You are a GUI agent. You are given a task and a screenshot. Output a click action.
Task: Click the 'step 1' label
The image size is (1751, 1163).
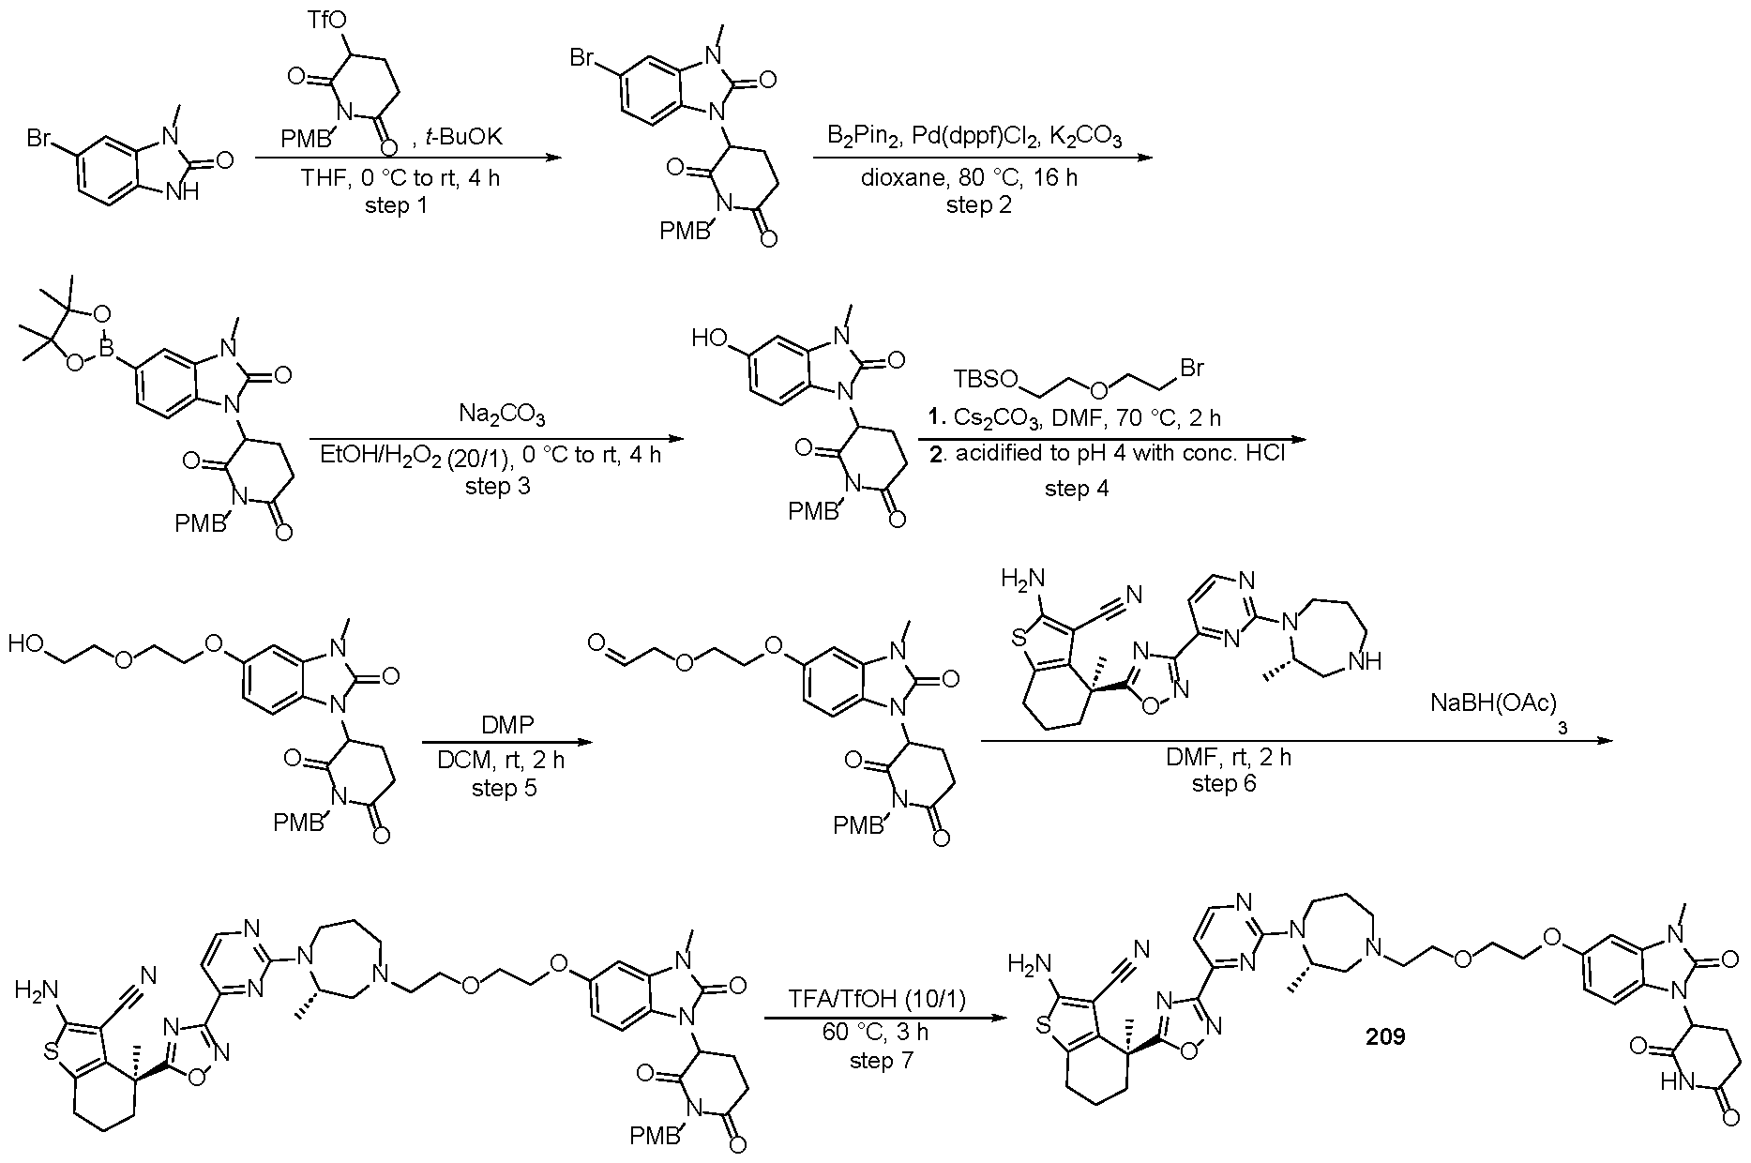[x=396, y=204]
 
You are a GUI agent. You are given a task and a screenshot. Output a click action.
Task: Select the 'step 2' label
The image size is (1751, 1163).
[x=979, y=204]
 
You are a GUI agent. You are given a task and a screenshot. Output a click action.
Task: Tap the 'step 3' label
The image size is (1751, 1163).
[x=497, y=485]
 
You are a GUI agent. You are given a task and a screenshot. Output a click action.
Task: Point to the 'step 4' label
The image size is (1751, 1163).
[x=1077, y=488]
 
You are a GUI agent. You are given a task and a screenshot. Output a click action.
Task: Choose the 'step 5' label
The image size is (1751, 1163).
[x=505, y=788]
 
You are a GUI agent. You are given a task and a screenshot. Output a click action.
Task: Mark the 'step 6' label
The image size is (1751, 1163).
[x=1224, y=782]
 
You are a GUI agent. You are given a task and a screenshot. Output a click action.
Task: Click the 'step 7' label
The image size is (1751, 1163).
[x=882, y=1060]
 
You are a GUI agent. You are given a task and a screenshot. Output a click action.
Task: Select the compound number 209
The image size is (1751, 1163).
[x=1385, y=1037]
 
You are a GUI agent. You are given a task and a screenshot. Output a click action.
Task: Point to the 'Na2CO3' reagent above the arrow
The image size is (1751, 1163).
[x=502, y=415]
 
